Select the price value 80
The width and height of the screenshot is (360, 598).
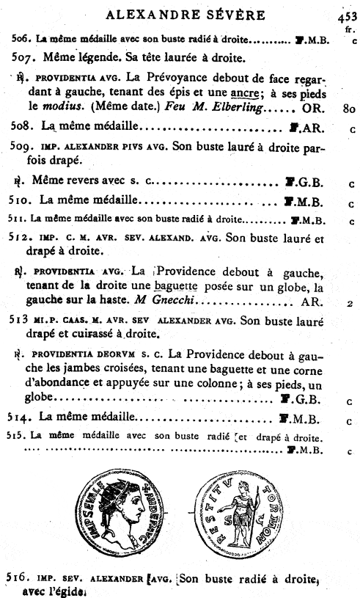point(348,110)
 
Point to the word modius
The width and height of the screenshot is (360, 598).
point(65,109)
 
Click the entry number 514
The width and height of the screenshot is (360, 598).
point(23,418)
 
